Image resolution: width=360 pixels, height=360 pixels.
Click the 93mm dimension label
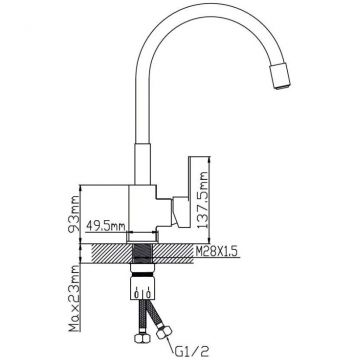[74, 214]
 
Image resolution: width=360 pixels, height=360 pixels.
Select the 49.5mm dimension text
[106, 226]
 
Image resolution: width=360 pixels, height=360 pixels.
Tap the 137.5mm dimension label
[202, 199]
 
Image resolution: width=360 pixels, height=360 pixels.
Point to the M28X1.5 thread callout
[216, 251]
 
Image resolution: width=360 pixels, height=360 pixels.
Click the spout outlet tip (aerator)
[280, 77]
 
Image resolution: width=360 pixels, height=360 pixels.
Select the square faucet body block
[143, 209]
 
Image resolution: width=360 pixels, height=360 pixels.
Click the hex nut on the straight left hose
[142, 338]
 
